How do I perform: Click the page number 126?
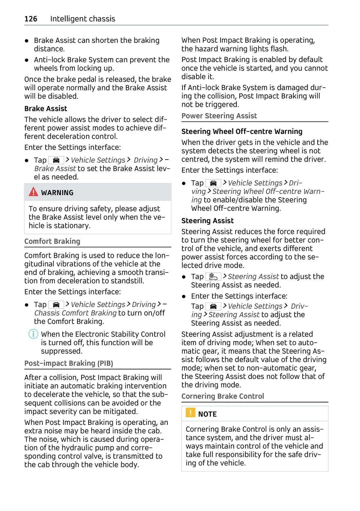point(31,19)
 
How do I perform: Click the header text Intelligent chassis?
point(82,19)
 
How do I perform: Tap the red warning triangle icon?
point(33,192)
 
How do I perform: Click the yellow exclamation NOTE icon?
point(190,413)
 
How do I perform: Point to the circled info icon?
point(33,334)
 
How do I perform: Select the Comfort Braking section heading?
point(52,241)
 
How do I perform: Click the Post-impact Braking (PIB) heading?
point(69,363)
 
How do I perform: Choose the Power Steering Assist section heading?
point(219,116)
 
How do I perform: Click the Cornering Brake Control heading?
point(223,396)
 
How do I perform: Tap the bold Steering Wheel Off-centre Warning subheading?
point(242,131)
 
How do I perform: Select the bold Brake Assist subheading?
point(46,109)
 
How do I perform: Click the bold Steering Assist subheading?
point(207,221)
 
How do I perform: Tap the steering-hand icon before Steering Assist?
point(213,276)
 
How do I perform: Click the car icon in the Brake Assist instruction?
point(56,160)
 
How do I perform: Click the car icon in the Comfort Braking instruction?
point(56,305)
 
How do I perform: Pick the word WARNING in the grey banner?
point(57,193)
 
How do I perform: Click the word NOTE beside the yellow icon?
point(207,414)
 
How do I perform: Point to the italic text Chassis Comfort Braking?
point(75,313)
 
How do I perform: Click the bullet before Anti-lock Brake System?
point(27,60)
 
